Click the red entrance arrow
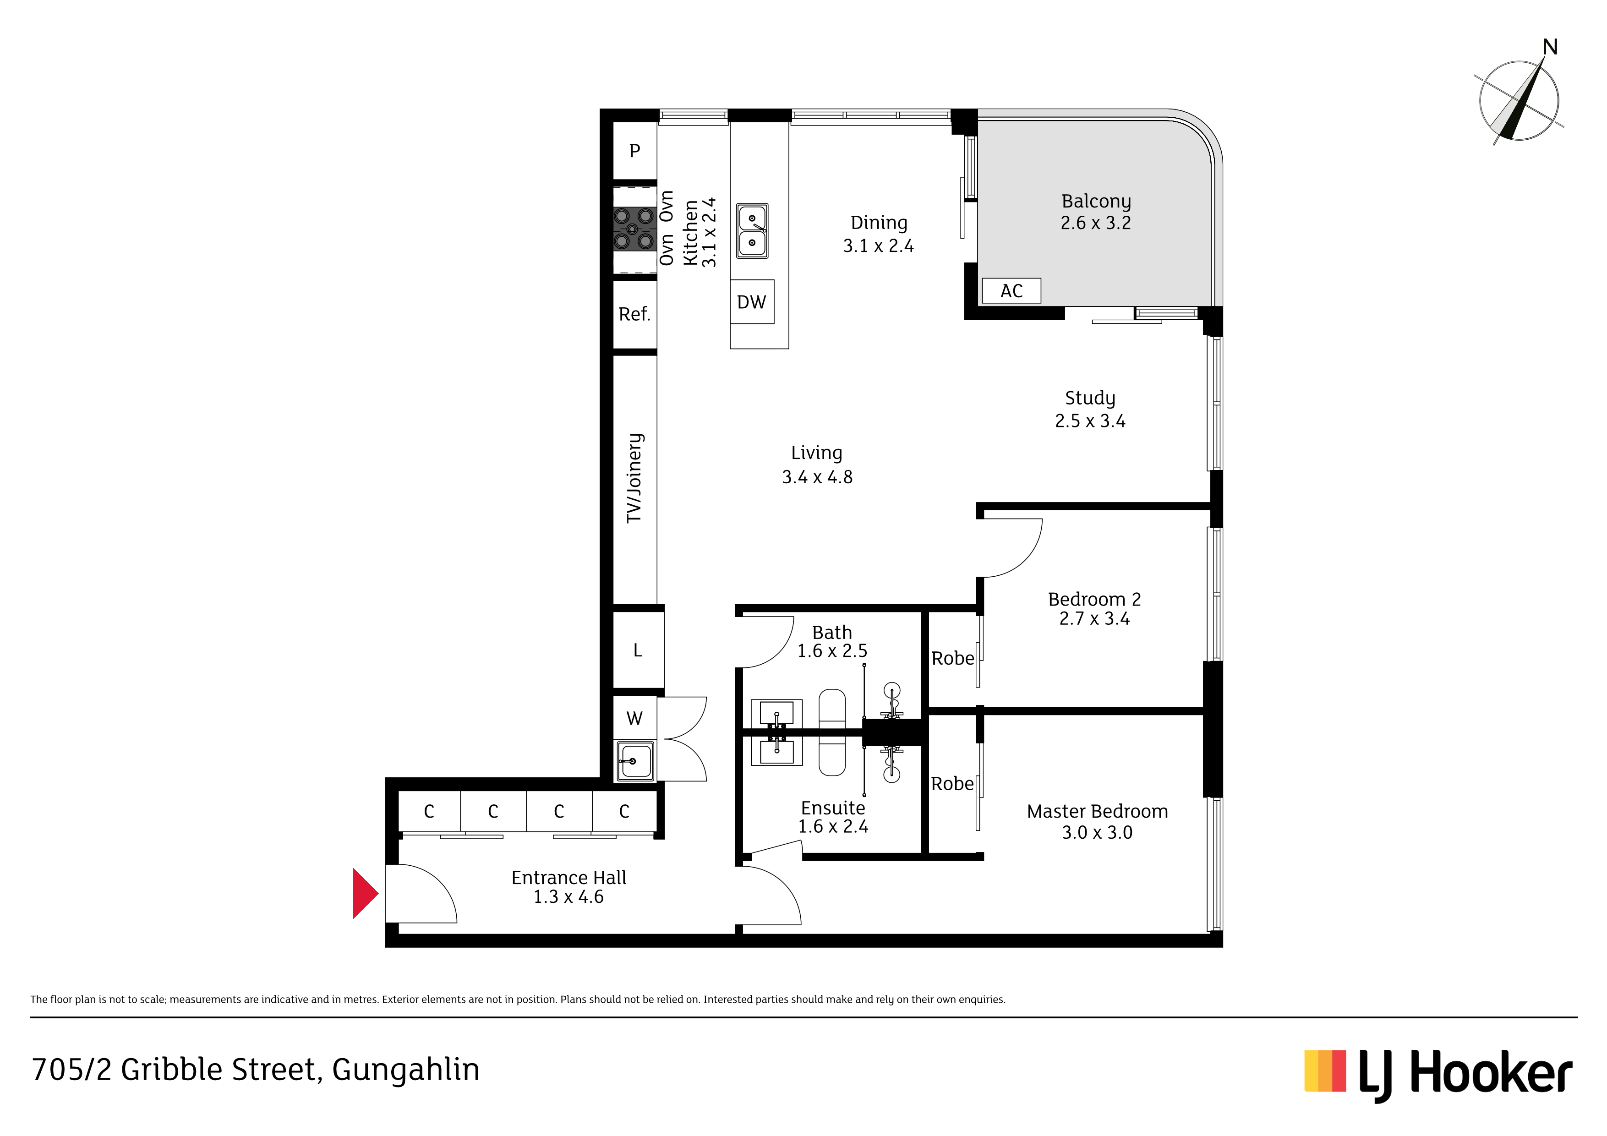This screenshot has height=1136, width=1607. click(364, 893)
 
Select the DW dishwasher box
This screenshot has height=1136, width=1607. click(752, 302)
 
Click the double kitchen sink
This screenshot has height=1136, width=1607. click(752, 231)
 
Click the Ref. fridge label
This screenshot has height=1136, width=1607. click(634, 314)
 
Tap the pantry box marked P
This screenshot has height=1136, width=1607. click(635, 151)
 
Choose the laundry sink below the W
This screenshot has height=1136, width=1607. click(635, 761)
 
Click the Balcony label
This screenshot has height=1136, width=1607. click(1096, 202)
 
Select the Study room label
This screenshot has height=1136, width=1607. click(1090, 398)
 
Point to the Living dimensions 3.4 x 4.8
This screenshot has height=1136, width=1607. click(817, 477)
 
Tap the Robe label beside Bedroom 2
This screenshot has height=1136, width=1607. click(952, 659)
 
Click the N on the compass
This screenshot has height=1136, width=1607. click(1550, 47)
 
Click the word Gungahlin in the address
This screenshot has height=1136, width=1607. click(406, 1070)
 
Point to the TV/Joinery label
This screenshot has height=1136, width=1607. click(634, 478)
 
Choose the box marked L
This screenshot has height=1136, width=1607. click(638, 650)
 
